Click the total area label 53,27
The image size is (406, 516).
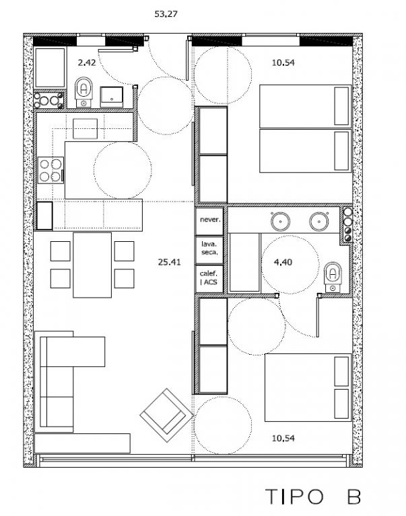tap(166, 14)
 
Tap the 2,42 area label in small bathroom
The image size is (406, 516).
tap(87, 62)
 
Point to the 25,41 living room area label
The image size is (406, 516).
tap(169, 262)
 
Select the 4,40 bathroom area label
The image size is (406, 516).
tap(283, 262)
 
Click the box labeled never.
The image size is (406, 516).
tap(210, 220)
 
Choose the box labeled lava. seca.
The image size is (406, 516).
tap(210, 250)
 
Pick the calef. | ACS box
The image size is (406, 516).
tap(210, 279)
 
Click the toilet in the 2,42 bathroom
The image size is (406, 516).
tap(83, 92)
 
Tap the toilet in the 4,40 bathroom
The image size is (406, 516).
tap(333, 277)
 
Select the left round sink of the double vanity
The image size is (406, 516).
tap(280, 221)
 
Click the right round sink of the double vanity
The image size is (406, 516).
tap(319, 221)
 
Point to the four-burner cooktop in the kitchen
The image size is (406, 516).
tap(50, 170)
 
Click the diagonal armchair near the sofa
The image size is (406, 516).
tap(166, 415)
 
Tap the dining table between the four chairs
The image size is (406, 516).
tap(92, 265)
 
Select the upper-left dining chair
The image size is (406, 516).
tap(61, 251)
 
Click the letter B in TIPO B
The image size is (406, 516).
tap(353, 497)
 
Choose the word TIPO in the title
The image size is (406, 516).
tap(294, 497)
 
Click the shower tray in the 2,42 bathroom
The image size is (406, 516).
tap(50, 68)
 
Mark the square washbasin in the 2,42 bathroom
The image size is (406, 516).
tap(112, 97)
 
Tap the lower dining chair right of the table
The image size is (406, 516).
tap(125, 278)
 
